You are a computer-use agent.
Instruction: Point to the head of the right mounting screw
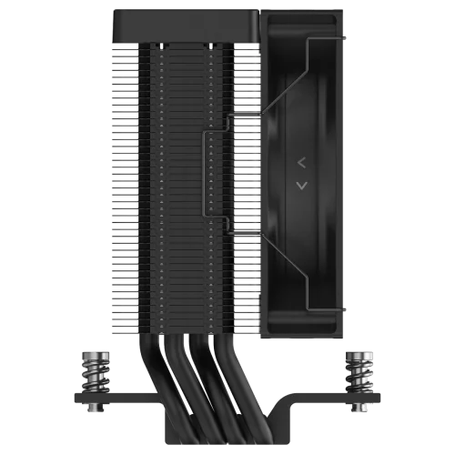[354, 353]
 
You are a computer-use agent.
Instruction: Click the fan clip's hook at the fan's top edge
[309, 41]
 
